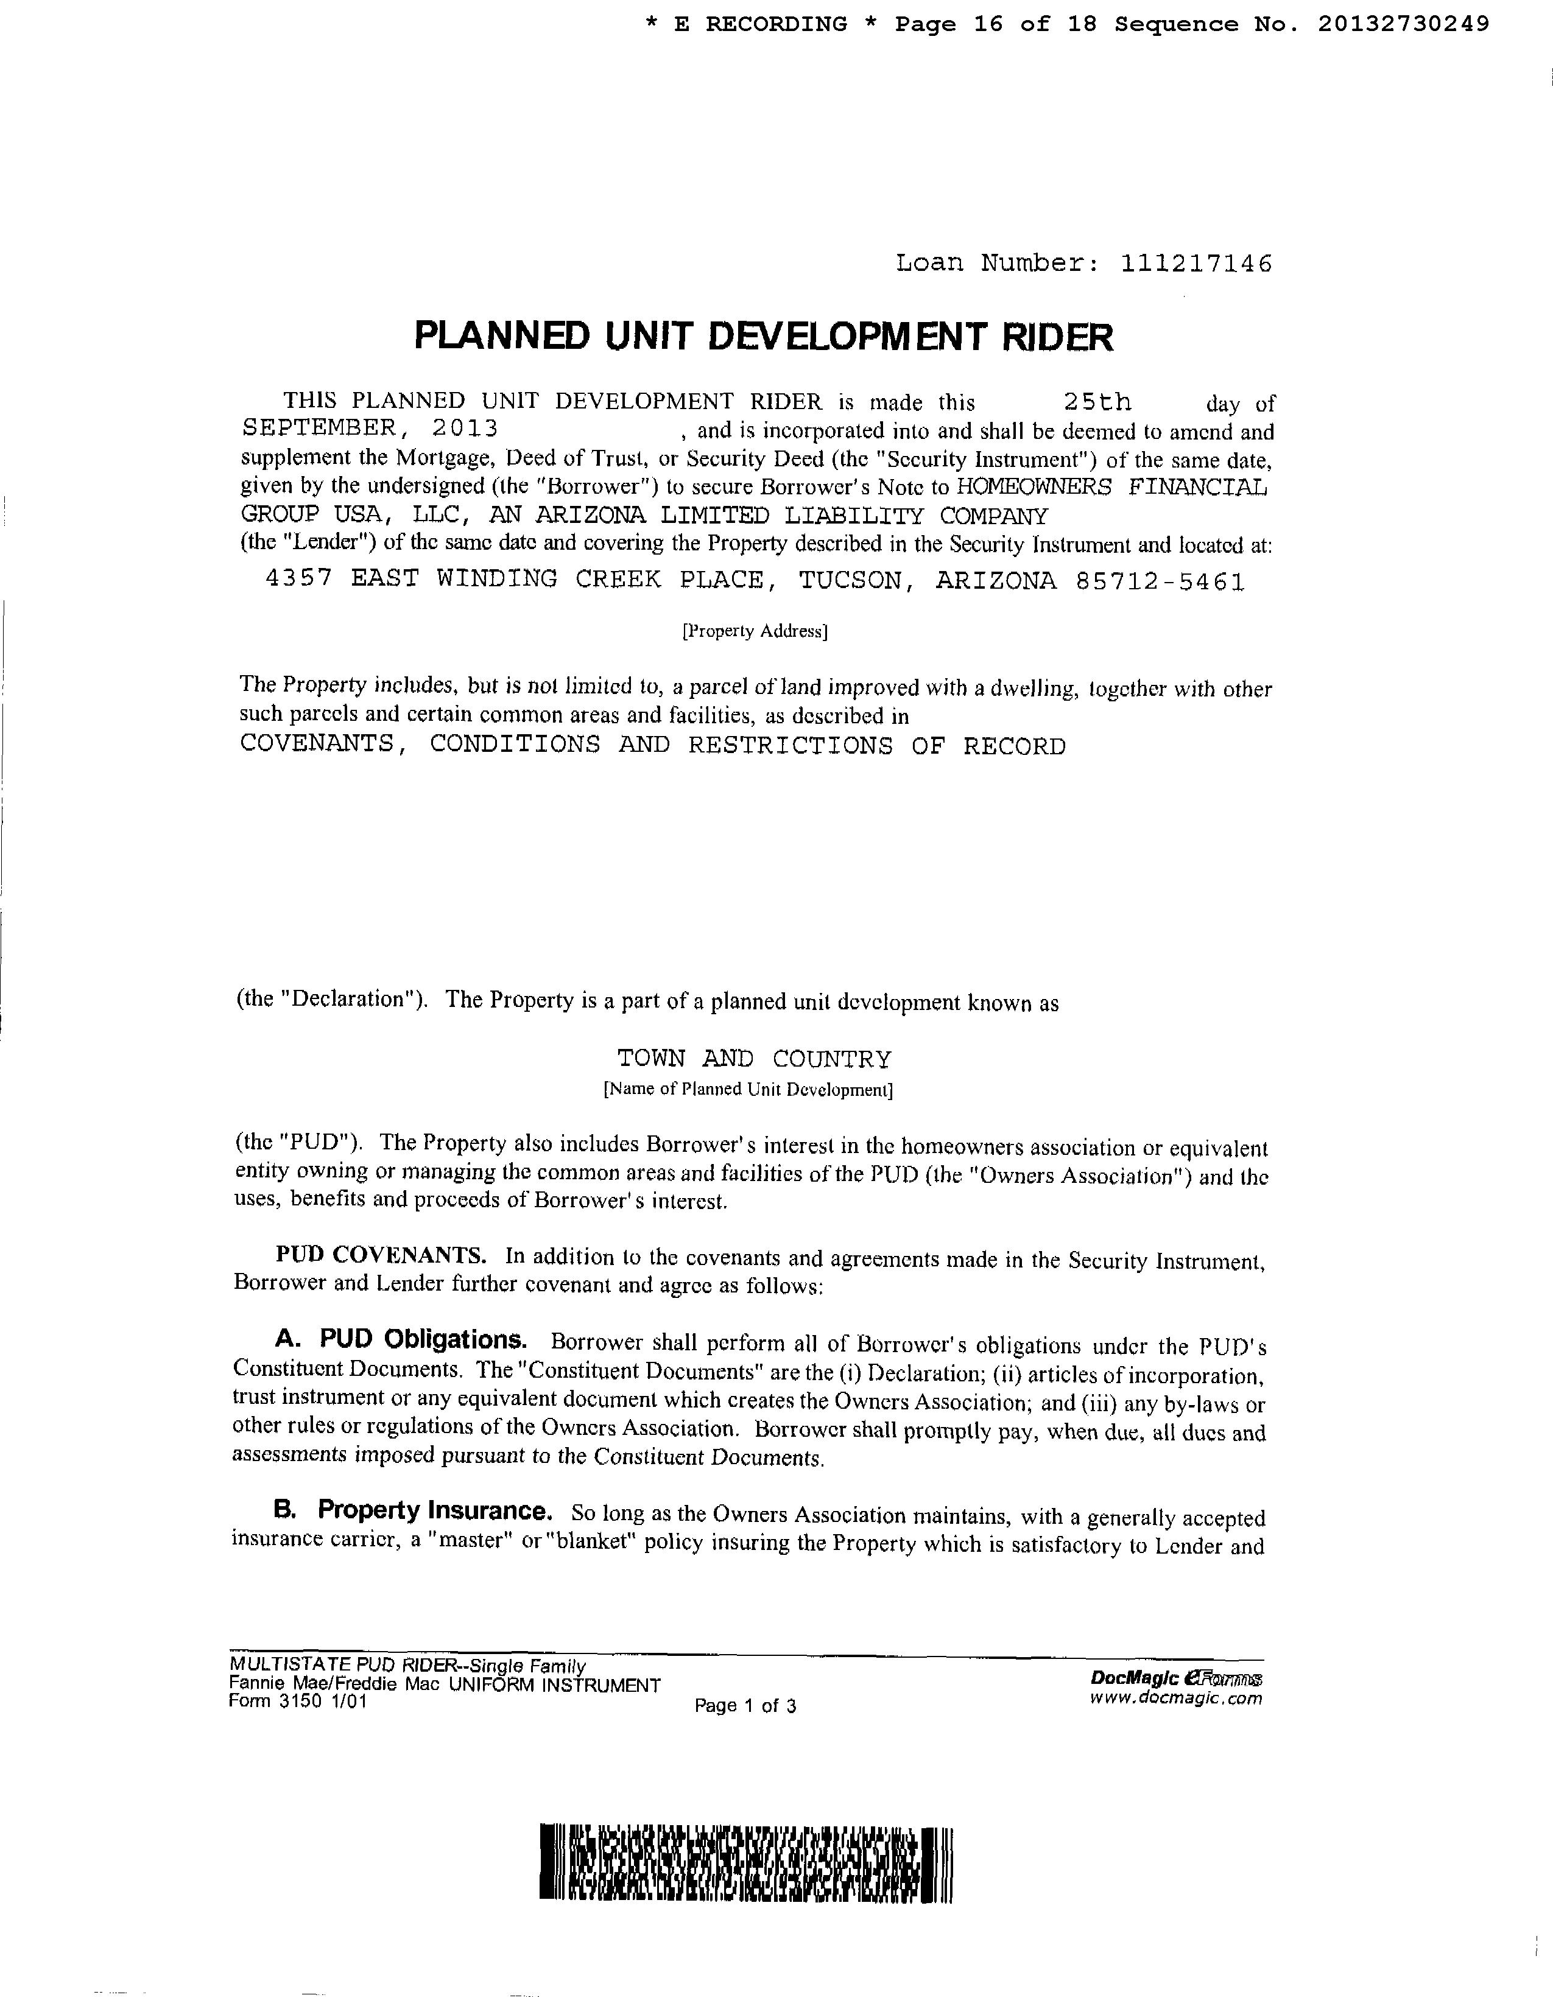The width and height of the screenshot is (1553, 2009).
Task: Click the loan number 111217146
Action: pos(1196,264)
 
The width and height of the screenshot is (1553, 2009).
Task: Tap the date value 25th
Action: pos(1097,402)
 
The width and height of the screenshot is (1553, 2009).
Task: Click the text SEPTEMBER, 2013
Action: pos(370,429)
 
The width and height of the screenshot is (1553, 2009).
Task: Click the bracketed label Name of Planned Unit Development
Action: pos(748,1090)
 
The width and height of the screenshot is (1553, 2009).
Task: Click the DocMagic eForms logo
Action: pos(1176,1679)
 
